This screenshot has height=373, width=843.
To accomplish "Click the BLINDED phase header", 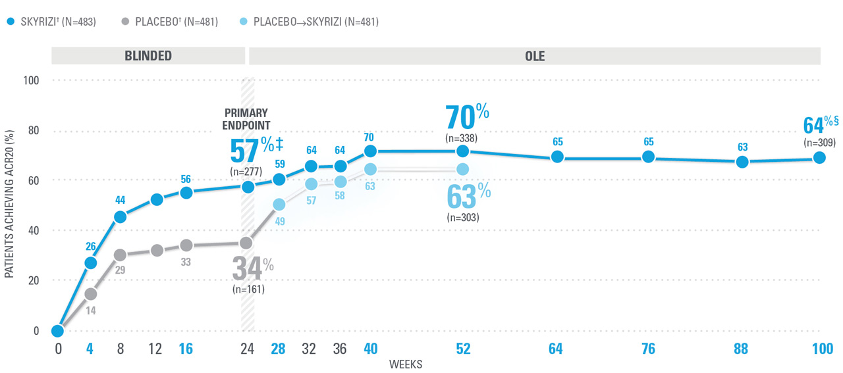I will point(148,56).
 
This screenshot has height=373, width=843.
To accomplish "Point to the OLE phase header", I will point(535,56).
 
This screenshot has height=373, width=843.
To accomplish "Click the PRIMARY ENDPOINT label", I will point(246,119).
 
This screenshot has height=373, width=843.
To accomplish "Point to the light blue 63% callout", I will point(469,195).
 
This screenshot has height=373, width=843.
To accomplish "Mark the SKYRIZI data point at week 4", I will point(90,263).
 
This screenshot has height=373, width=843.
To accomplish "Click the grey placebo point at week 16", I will point(186,245).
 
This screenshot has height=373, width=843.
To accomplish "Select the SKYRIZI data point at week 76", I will point(648,157).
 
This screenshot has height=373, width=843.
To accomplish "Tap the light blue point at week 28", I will point(279,205).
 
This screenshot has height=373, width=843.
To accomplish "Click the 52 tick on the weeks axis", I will point(463,349).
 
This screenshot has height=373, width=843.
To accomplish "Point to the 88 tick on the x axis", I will point(741,349).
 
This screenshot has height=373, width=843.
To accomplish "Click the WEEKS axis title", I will point(406,364).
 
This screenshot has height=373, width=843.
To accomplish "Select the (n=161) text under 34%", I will point(248,289).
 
